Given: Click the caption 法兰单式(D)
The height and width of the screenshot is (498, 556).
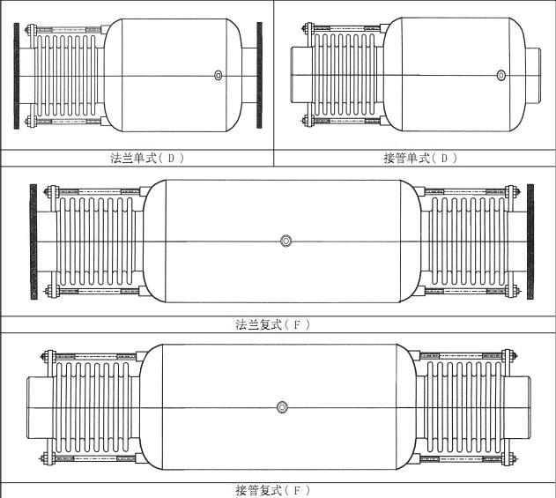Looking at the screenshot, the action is coord(147,158).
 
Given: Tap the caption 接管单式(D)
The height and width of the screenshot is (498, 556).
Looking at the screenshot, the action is coord(420,158).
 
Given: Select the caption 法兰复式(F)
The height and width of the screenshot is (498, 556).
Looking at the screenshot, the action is coord(272,324).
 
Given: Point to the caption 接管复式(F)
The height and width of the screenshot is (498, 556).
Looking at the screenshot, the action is coord(272,490).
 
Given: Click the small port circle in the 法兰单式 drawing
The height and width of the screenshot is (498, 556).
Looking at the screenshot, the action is coord(219,75).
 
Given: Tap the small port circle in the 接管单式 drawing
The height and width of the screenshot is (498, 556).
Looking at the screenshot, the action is coord(501,75).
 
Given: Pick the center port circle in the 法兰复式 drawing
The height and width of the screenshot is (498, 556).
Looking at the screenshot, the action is coord(285,241).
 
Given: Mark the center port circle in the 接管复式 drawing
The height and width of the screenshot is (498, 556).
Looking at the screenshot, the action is coord(282,407).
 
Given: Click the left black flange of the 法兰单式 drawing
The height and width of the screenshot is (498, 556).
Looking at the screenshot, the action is coord(17,76).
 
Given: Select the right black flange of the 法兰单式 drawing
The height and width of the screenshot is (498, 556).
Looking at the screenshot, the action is coord(260,75).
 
